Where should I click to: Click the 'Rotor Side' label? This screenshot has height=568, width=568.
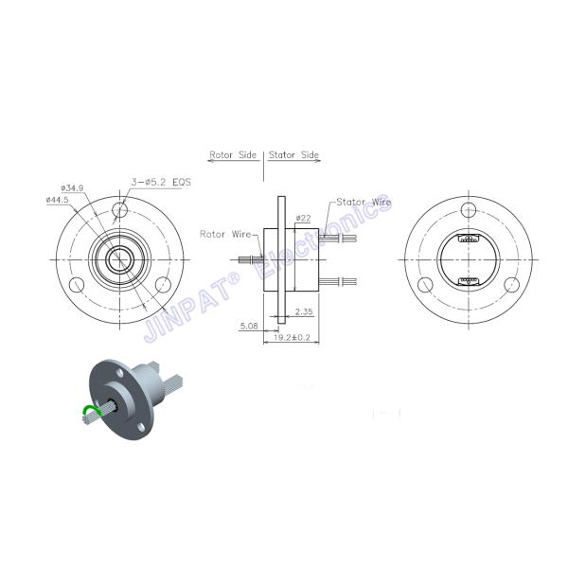[x=233, y=155]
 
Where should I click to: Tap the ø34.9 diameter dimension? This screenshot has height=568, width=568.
[x=73, y=188]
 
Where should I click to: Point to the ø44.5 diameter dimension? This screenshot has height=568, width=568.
[x=60, y=200]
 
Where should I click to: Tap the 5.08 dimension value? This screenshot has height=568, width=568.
[x=250, y=326]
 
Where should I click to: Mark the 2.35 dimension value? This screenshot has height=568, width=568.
[x=305, y=311]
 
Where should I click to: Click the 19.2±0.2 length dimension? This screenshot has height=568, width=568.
[x=290, y=335]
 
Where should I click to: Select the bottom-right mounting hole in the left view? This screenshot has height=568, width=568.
[x=163, y=285]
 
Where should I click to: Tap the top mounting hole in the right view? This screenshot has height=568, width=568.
[x=468, y=210]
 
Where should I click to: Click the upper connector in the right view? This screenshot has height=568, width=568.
[x=468, y=240]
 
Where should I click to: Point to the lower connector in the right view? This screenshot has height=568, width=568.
[x=468, y=282]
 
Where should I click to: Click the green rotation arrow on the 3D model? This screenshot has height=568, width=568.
[x=88, y=412]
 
